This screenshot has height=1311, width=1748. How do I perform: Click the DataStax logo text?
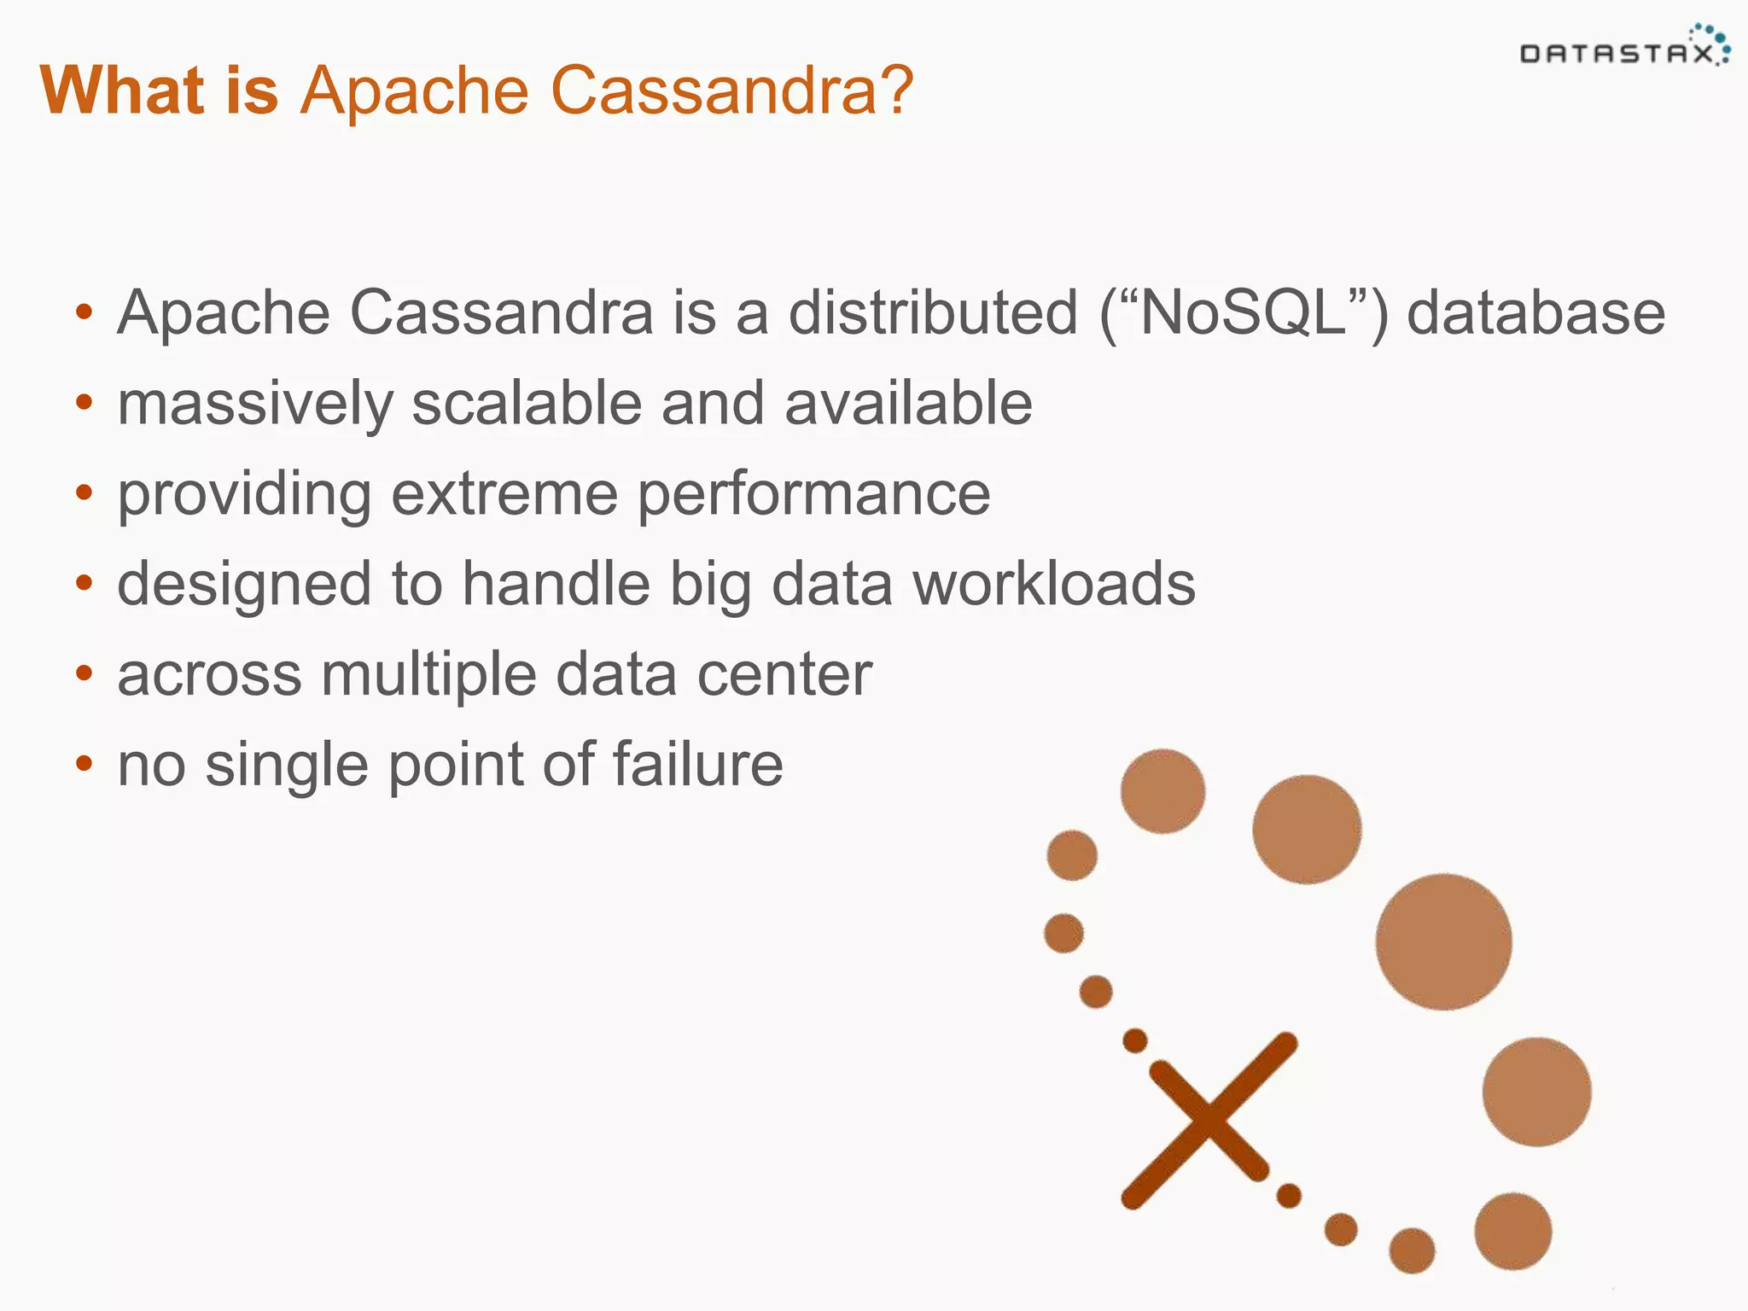click(1616, 55)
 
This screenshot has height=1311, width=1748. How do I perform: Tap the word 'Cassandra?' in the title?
click(732, 90)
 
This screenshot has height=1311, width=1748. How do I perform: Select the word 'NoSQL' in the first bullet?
click(1242, 313)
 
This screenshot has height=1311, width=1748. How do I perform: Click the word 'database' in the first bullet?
click(1535, 313)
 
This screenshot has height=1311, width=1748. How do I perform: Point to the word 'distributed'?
click(933, 313)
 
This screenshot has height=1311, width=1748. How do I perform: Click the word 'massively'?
click(254, 405)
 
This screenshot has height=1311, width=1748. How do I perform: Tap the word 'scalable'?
click(526, 403)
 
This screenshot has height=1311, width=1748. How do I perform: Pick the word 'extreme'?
click(504, 494)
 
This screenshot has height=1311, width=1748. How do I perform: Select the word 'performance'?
click(813, 496)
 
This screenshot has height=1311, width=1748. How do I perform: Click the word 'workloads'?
click(1054, 585)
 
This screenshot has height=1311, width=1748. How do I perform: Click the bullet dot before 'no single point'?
click(83, 763)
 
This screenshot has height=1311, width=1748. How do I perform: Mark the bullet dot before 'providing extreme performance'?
click(83, 492)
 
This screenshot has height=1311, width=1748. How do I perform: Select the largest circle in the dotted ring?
click(1442, 941)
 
